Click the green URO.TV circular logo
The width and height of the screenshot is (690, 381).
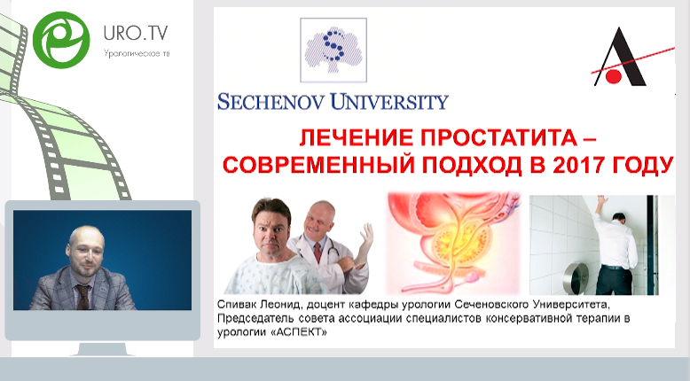point(61,40)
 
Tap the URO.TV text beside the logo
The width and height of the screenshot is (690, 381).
point(136,33)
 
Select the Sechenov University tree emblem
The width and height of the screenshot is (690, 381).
point(333,50)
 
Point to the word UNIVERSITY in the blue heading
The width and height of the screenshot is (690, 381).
point(389,102)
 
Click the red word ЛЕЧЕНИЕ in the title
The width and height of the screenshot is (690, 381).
point(357,139)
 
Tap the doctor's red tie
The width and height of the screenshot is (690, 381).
point(318,253)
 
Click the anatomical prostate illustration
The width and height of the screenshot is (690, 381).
point(453,244)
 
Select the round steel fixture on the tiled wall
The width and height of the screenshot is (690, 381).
point(576,277)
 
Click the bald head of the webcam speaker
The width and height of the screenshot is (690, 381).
point(86,237)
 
